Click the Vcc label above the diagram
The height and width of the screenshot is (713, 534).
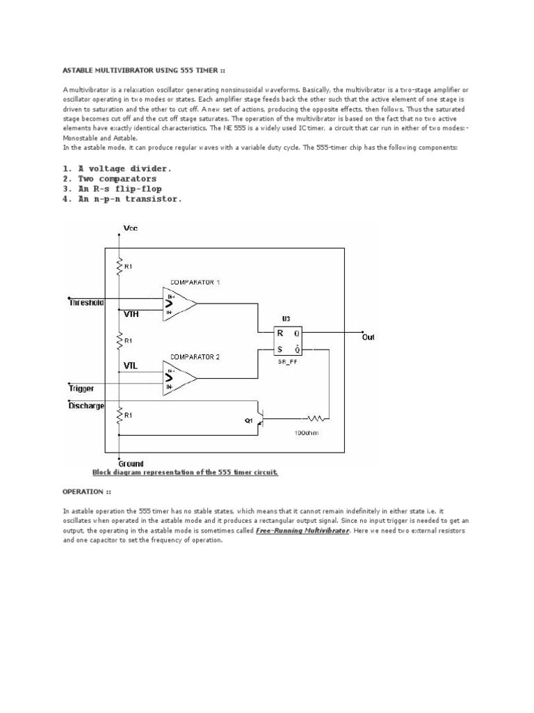click(x=131, y=228)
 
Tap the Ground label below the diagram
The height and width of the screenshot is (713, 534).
click(x=131, y=463)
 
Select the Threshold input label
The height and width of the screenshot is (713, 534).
click(x=86, y=302)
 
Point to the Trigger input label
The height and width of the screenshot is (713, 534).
click(x=82, y=387)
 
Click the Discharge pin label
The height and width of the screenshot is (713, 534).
click(x=86, y=405)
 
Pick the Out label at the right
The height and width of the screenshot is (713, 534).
click(x=369, y=337)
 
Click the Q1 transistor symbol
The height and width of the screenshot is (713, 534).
click(x=260, y=419)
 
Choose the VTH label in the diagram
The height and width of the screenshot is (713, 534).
click(x=132, y=314)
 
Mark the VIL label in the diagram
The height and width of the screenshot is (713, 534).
click(x=132, y=365)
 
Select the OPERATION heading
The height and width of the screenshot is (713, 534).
click(x=82, y=491)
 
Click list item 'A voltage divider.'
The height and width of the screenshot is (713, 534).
click(x=116, y=169)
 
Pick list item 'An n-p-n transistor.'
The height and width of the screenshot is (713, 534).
click(x=122, y=198)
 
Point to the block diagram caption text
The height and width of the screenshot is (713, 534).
click(x=185, y=472)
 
